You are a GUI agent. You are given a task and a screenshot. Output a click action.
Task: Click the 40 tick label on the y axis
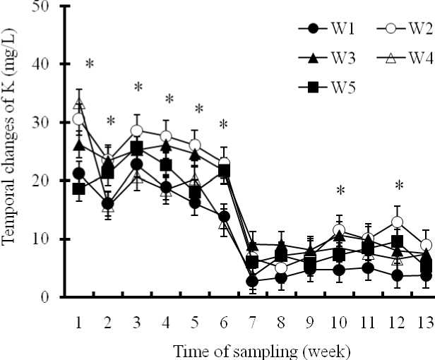click(47, 64)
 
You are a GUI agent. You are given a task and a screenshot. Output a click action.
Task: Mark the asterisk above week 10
click(340, 191)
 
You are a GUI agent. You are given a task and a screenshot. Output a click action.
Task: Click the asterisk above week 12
click(399, 186)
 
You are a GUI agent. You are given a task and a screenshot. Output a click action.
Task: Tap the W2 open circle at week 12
click(398, 222)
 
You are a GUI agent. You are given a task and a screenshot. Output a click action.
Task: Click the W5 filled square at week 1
click(79, 189)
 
